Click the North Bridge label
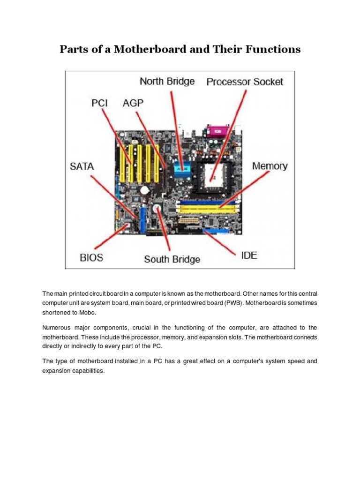167,82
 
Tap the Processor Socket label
245,82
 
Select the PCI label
99,103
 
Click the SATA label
82,166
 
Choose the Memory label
270,166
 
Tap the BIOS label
91,257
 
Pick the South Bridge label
172,259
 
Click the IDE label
249,256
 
